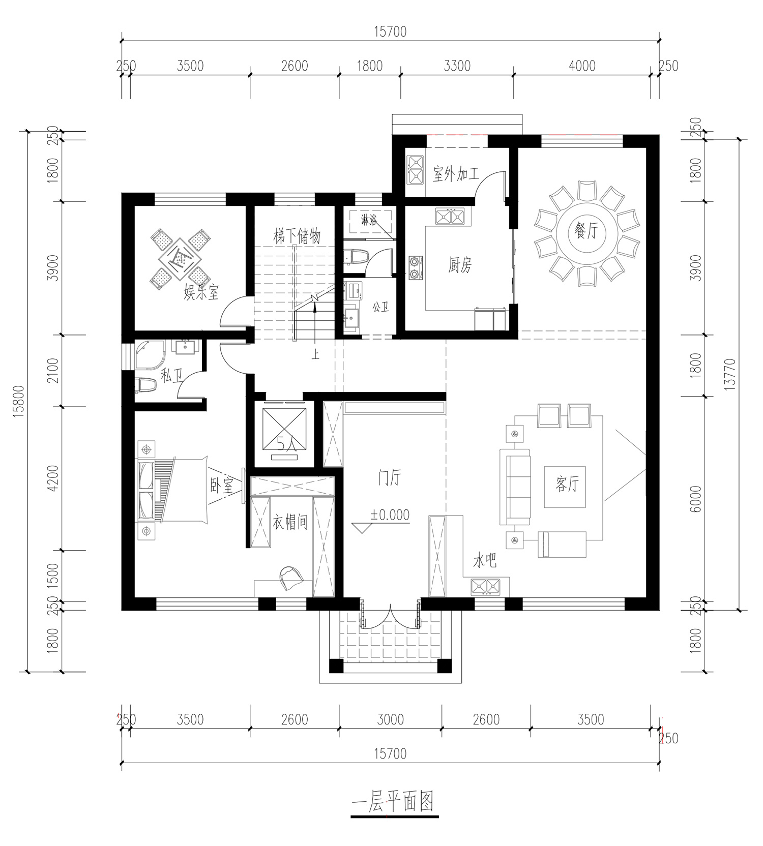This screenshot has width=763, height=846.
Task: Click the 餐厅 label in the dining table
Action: [585, 232]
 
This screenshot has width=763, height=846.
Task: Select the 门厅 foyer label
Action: [389, 478]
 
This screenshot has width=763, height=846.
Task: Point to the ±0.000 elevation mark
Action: [390, 515]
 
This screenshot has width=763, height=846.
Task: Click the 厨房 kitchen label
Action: [460, 265]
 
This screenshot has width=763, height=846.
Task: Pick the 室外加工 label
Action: [456, 174]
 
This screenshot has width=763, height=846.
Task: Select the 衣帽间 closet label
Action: [290, 522]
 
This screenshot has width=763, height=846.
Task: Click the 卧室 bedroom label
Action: [222, 486]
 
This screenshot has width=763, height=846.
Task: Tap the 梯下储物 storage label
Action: [297, 236]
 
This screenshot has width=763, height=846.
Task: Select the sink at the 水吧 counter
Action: [486, 587]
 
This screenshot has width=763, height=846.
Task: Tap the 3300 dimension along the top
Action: [457, 66]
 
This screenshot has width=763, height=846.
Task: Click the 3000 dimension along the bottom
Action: [391, 719]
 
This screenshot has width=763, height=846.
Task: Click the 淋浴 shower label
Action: [369, 221]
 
